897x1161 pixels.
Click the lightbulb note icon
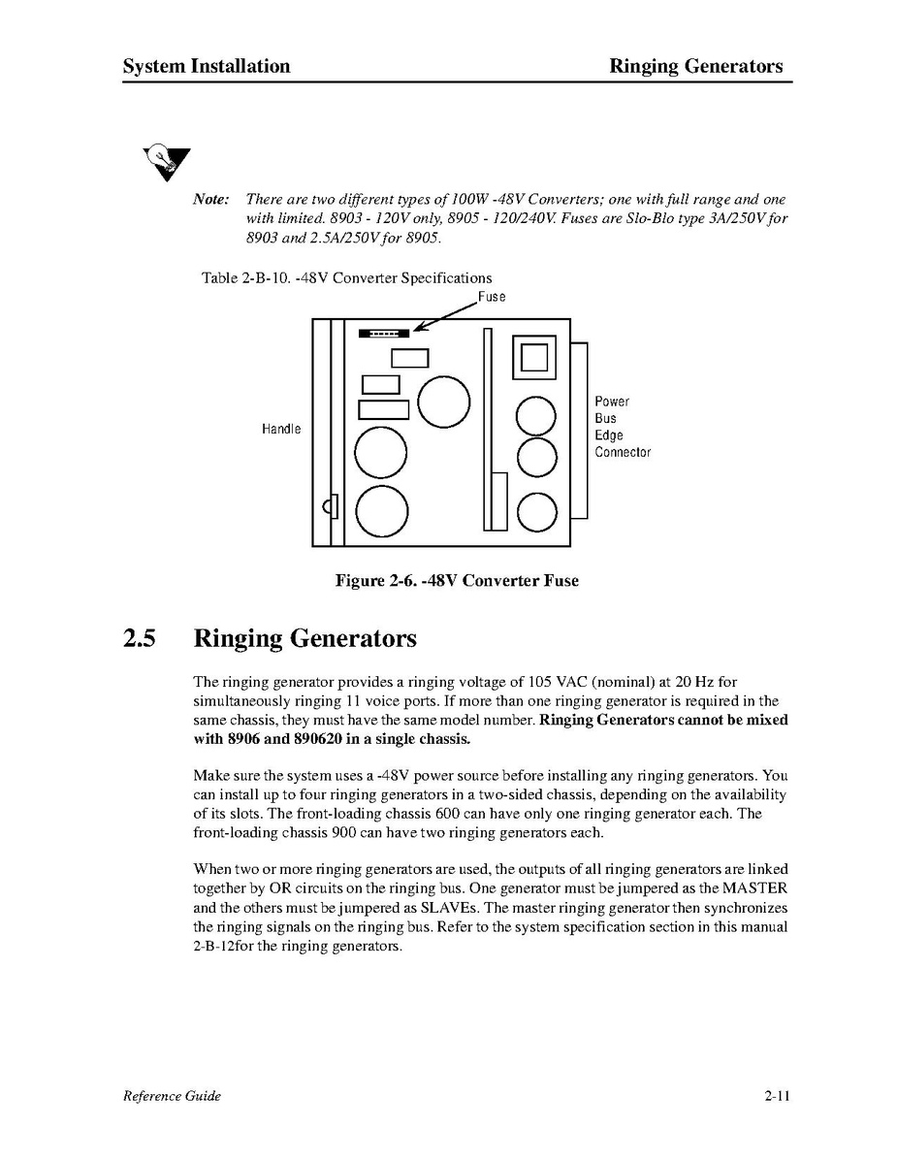click(166, 162)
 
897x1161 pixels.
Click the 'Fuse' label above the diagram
click(491, 297)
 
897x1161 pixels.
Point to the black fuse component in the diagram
click(384, 333)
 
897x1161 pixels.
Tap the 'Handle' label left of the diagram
click(281, 429)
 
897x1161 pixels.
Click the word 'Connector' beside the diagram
click(623, 453)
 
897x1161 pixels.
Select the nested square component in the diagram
click(533, 358)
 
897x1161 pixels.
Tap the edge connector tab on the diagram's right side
click(579, 428)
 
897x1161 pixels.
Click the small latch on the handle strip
click(331, 505)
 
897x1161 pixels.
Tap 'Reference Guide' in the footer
click(172, 1097)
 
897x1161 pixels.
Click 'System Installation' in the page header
click(207, 66)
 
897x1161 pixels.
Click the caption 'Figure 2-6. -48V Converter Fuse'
click(457, 581)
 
